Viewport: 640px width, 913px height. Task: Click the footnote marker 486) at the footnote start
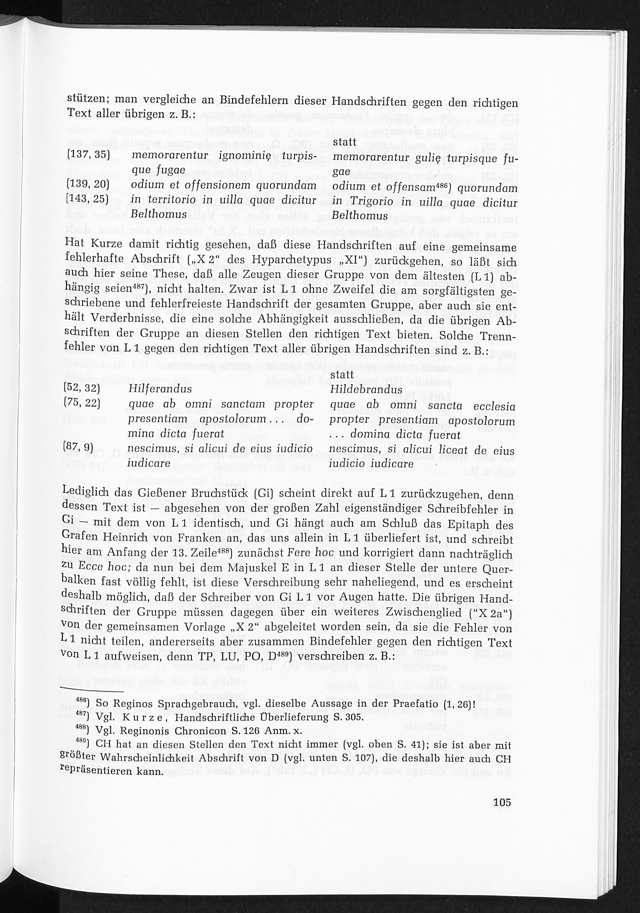coord(82,703)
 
